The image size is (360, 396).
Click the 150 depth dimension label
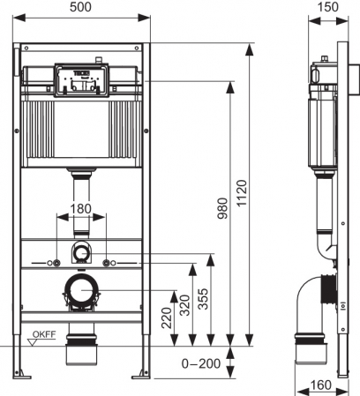pyautogui.click(x=327, y=8)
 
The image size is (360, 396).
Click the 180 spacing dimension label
pyautogui.click(x=81, y=208)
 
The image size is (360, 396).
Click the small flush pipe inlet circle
pyautogui.click(x=82, y=252)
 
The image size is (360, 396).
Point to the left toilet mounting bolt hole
pyautogui.click(x=57, y=263)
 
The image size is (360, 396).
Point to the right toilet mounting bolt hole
pyautogui.click(x=107, y=263)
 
